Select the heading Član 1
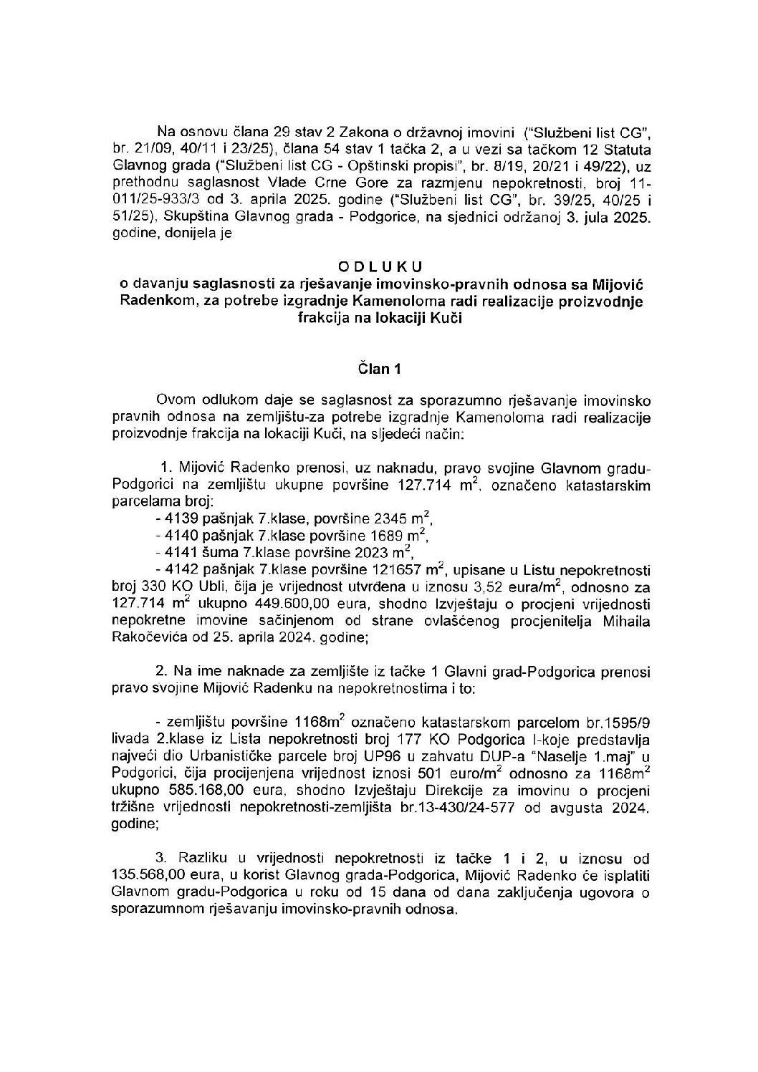point(379,370)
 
